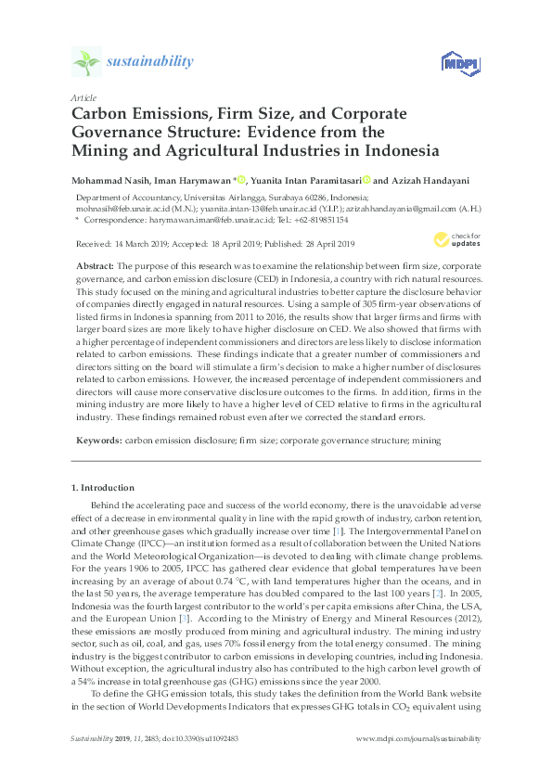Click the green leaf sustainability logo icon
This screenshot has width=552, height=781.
click(85, 62)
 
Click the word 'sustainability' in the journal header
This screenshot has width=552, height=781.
click(150, 62)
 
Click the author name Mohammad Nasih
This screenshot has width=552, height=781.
click(115, 180)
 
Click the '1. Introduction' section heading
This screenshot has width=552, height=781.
click(102, 487)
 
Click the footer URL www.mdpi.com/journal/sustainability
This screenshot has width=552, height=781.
click(418, 738)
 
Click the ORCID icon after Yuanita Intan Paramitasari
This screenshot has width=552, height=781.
click(366, 180)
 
